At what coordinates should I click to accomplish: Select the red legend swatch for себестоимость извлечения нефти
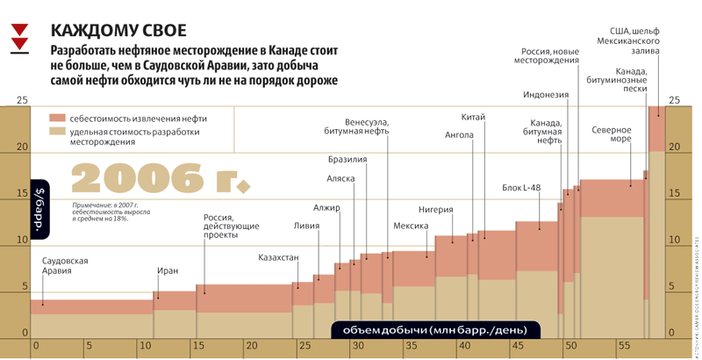[57, 117]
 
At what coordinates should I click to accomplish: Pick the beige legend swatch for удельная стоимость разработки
[57, 133]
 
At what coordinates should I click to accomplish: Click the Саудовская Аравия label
[65, 266]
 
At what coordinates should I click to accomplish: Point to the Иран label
[167, 271]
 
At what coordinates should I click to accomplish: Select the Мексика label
[410, 226]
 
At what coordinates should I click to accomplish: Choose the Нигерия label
[435, 210]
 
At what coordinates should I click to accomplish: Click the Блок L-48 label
[521, 187]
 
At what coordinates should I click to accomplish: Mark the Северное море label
[612, 135]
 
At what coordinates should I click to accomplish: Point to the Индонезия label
[546, 96]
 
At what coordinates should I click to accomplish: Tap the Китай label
[473, 118]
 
